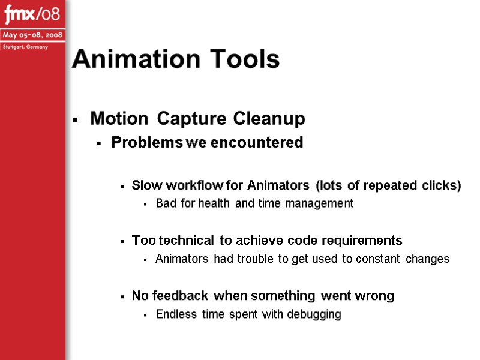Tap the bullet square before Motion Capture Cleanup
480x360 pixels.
[75, 121]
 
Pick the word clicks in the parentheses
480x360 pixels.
[442, 185]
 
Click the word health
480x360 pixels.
[215, 203]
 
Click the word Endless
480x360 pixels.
[173, 314]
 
